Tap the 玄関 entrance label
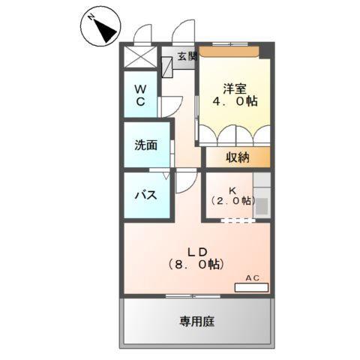187,56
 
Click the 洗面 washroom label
146,144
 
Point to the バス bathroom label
145,195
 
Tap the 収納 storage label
238,157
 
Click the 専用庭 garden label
196,322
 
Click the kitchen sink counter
262,196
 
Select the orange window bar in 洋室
229,50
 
